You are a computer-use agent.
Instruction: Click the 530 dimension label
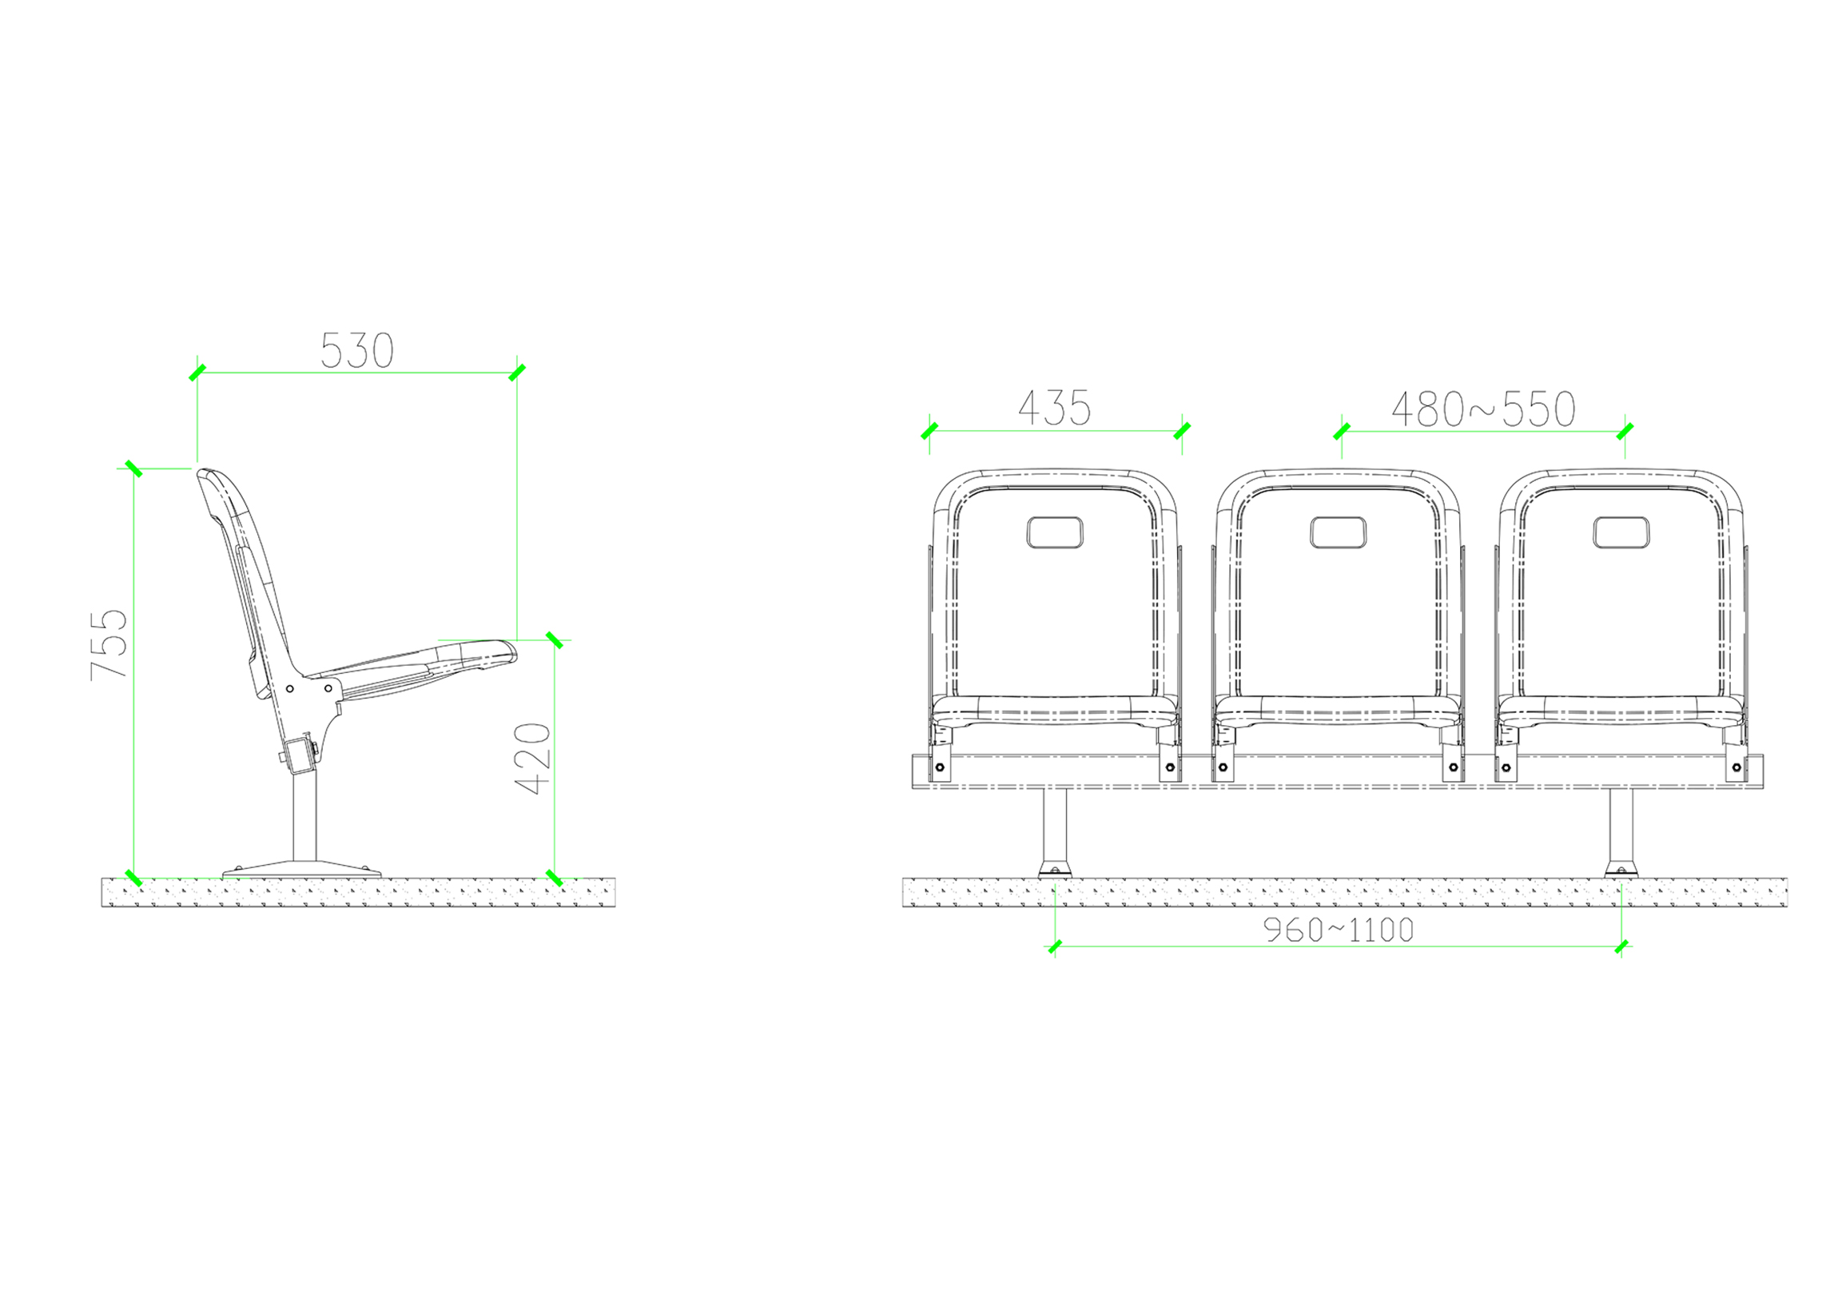pyautogui.click(x=357, y=351)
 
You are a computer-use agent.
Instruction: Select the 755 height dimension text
pyautogui.click(x=109, y=644)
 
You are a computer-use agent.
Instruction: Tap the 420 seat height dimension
pyautogui.click(x=532, y=759)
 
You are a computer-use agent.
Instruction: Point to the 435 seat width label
pyautogui.click(x=1054, y=408)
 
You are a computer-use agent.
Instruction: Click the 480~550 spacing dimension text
pyautogui.click(x=1483, y=409)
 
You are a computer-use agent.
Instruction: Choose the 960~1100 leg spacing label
pyautogui.click(x=1339, y=930)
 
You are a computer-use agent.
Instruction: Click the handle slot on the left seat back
pyautogui.click(x=1054, y=532)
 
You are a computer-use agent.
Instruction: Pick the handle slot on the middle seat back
pyautogui.click(x=1338, y=532)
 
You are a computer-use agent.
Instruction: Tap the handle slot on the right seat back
pyautogui.click(x=1621, y=532)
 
